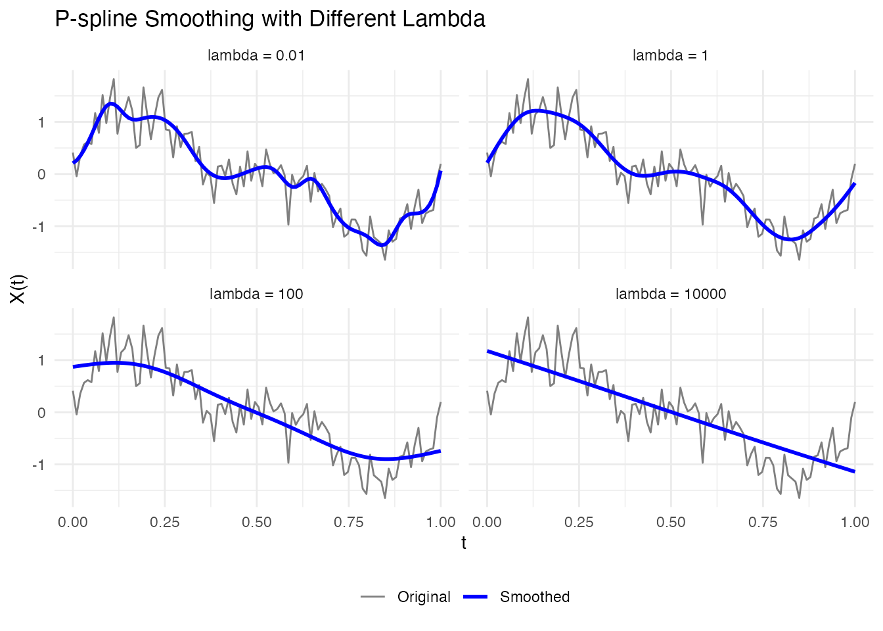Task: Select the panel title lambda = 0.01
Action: coord(256,55)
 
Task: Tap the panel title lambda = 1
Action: coord(670,55)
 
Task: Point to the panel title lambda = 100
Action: coord(256,294)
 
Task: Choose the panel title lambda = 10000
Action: coord(670,294)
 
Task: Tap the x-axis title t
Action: coord(464,543)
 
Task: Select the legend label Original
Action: coord(424,597)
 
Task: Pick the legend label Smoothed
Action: coord(535,597)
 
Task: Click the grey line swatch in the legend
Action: coord(373,597)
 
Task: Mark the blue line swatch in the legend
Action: coord(476,597)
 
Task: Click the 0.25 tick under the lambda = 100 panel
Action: coord(165,523)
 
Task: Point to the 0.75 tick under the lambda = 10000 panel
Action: coord(763,523)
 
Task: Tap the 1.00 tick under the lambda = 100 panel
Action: coord(441,523)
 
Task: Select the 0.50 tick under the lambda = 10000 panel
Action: coord(671,523)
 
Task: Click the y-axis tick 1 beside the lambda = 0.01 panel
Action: coord(41,122)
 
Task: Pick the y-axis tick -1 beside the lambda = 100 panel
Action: coord(39,465)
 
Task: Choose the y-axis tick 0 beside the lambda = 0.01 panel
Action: coord(41,174)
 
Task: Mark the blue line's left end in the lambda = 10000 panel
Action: coord(487,351)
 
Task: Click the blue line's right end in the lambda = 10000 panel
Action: coord(855,471)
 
